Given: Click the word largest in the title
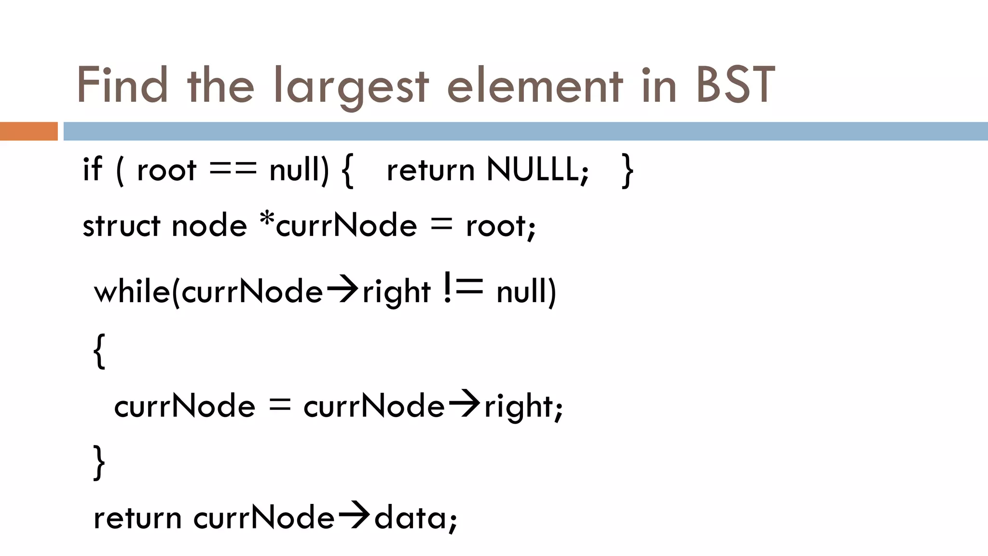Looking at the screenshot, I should (x=351, y=87).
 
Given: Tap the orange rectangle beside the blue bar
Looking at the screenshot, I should (x=28, y=131).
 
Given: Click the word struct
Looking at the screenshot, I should (x=121, y=225).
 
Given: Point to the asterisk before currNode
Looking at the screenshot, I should (x=267, y=220).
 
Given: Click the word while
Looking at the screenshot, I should (x=132, y=292).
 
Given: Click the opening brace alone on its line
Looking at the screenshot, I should (x=99, y=351).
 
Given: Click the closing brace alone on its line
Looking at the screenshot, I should (x=99, y=462).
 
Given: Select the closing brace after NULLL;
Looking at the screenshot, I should (x=628, y=170).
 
